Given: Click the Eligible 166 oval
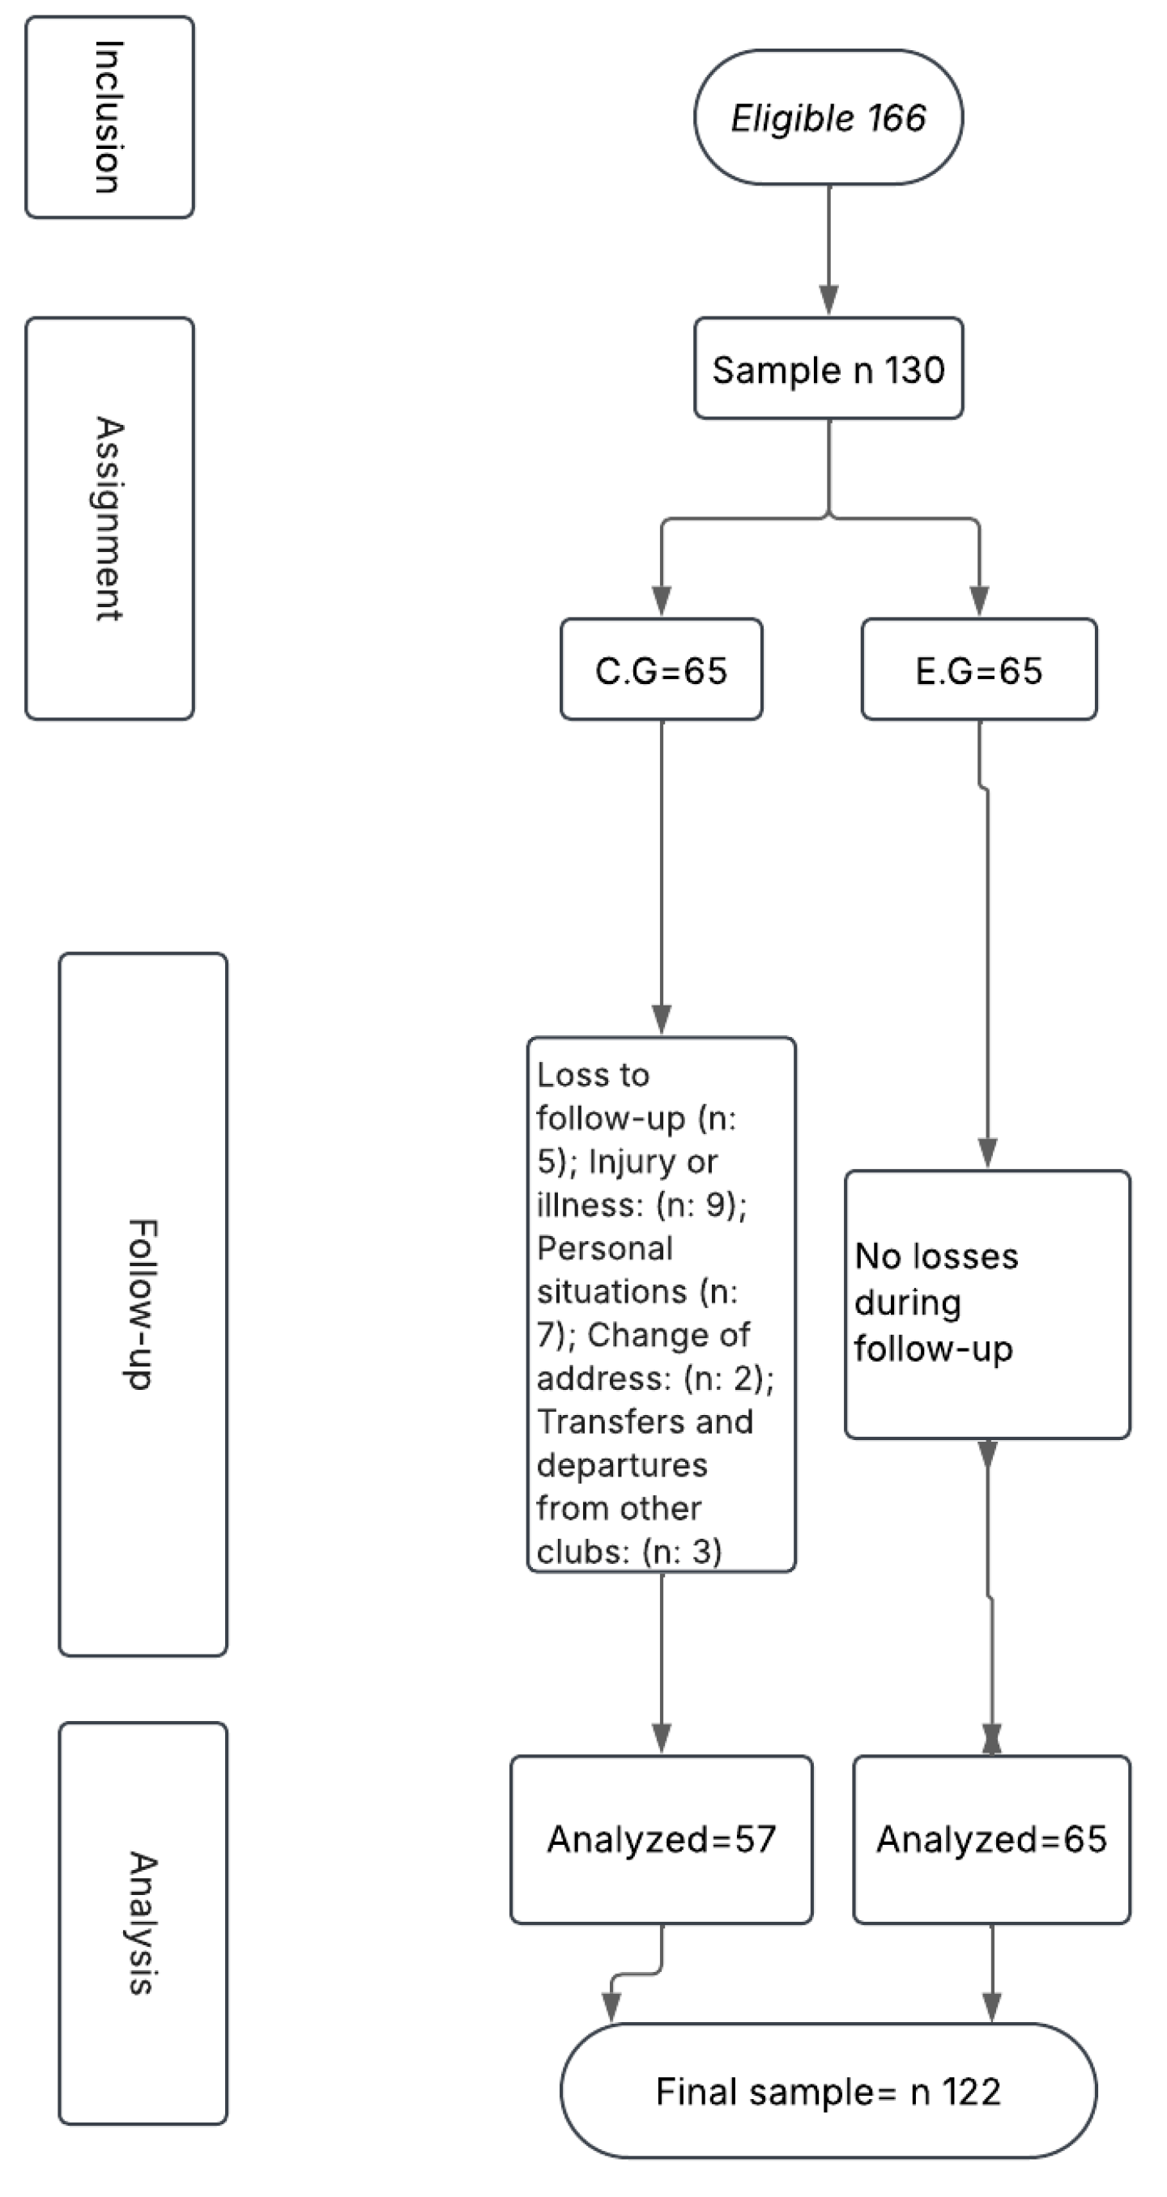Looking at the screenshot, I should (x=828, y=117).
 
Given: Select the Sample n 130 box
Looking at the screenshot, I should (x=828, y=368).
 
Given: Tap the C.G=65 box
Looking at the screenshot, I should (x=661, y=669).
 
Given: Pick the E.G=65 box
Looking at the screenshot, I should (x=978, y=669).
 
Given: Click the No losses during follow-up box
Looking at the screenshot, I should (x=987, y=1305).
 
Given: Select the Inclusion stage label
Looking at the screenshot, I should (x=109, y=117).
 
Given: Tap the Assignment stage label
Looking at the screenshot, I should (x=109, y=519).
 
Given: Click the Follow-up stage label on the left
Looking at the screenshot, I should (x=143, y=1305).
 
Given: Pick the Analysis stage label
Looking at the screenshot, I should (x=143, y=1923).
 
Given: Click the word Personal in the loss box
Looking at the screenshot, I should (x=605, y=1248).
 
